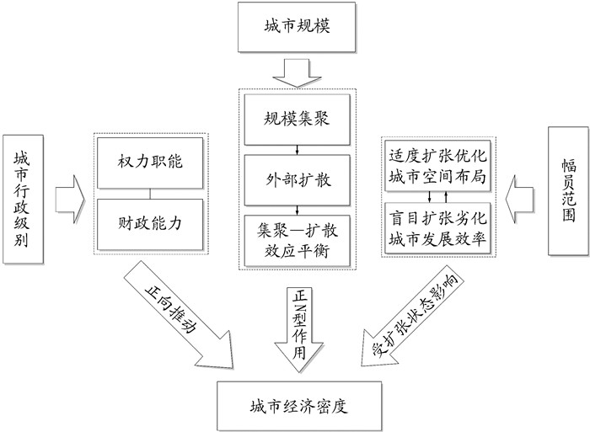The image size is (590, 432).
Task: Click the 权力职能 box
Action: coord(149,159)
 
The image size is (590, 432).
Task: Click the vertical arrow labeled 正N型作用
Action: coord(295,324)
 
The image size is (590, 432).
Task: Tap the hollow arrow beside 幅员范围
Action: coord(523,192)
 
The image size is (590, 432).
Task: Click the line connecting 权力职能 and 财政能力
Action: coord(149,193)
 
